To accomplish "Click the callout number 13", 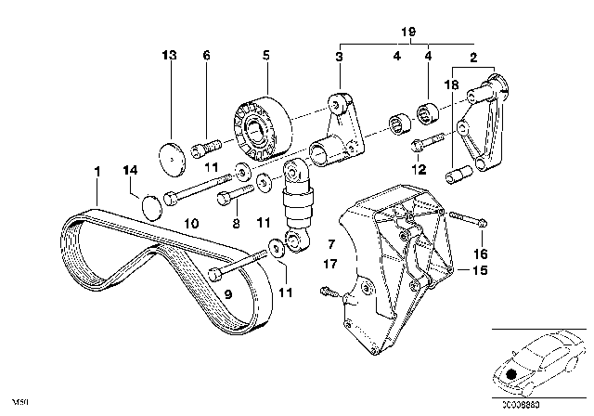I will [168, 57].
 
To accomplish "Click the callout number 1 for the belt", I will [95, 172].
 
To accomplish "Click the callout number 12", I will [419, 170].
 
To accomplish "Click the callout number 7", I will [329, 242].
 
